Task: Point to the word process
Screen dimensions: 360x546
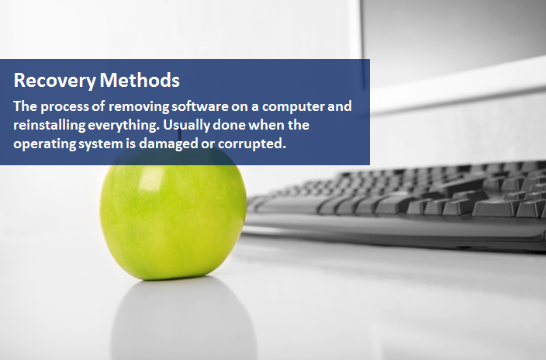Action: click(x=61, y=106)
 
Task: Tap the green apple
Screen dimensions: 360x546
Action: click(x=174, y=217)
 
